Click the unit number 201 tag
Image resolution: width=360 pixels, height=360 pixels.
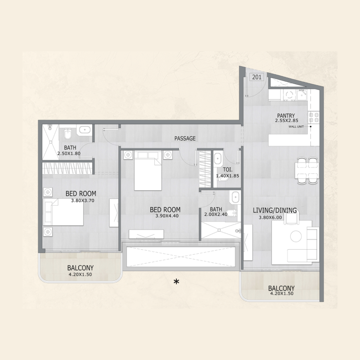[x=257, y=77]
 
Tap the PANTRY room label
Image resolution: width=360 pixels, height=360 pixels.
[x=286, y=116]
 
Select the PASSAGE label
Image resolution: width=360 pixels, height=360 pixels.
[x=185, y=139]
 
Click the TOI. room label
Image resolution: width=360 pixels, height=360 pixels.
[x=227, y=170]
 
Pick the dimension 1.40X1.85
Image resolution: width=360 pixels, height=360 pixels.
[x=227, y=176]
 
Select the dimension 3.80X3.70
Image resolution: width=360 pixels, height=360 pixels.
[x=82, y=200]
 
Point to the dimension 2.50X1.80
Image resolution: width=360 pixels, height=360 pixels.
[x=68, y=153]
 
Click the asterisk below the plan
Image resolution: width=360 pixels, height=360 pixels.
[x=177, y=282]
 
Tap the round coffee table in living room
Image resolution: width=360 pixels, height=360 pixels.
[x=296, y=236]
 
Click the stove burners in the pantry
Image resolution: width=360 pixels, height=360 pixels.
[x=314, y=118]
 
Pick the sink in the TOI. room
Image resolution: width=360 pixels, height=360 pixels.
[x=218, y=158]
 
